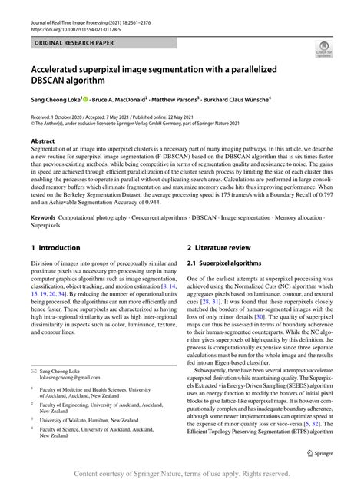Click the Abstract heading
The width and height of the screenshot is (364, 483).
tap(42, 141)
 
